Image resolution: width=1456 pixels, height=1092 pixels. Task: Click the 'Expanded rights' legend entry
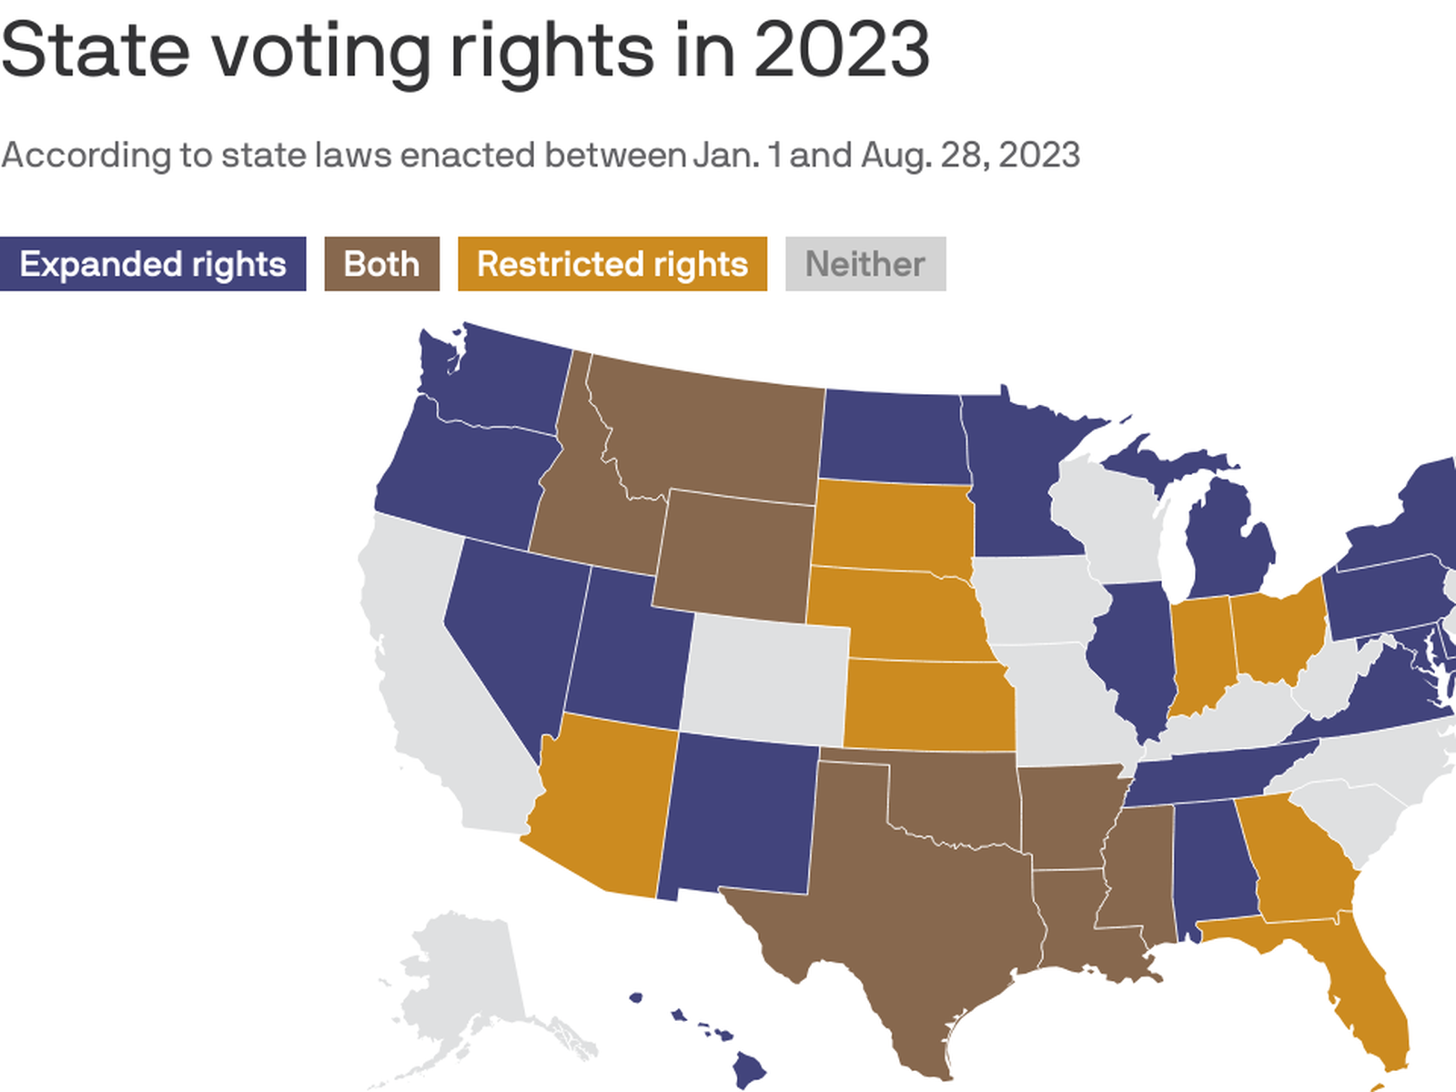(153, 264)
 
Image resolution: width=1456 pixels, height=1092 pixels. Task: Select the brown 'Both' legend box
(381, 264)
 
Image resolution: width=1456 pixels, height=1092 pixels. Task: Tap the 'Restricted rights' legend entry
(612, 264)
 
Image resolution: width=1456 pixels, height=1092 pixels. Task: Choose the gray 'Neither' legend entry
(864, 264)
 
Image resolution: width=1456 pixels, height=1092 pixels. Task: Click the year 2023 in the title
(841, 50)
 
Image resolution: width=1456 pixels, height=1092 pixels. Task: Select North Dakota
(892, 437)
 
